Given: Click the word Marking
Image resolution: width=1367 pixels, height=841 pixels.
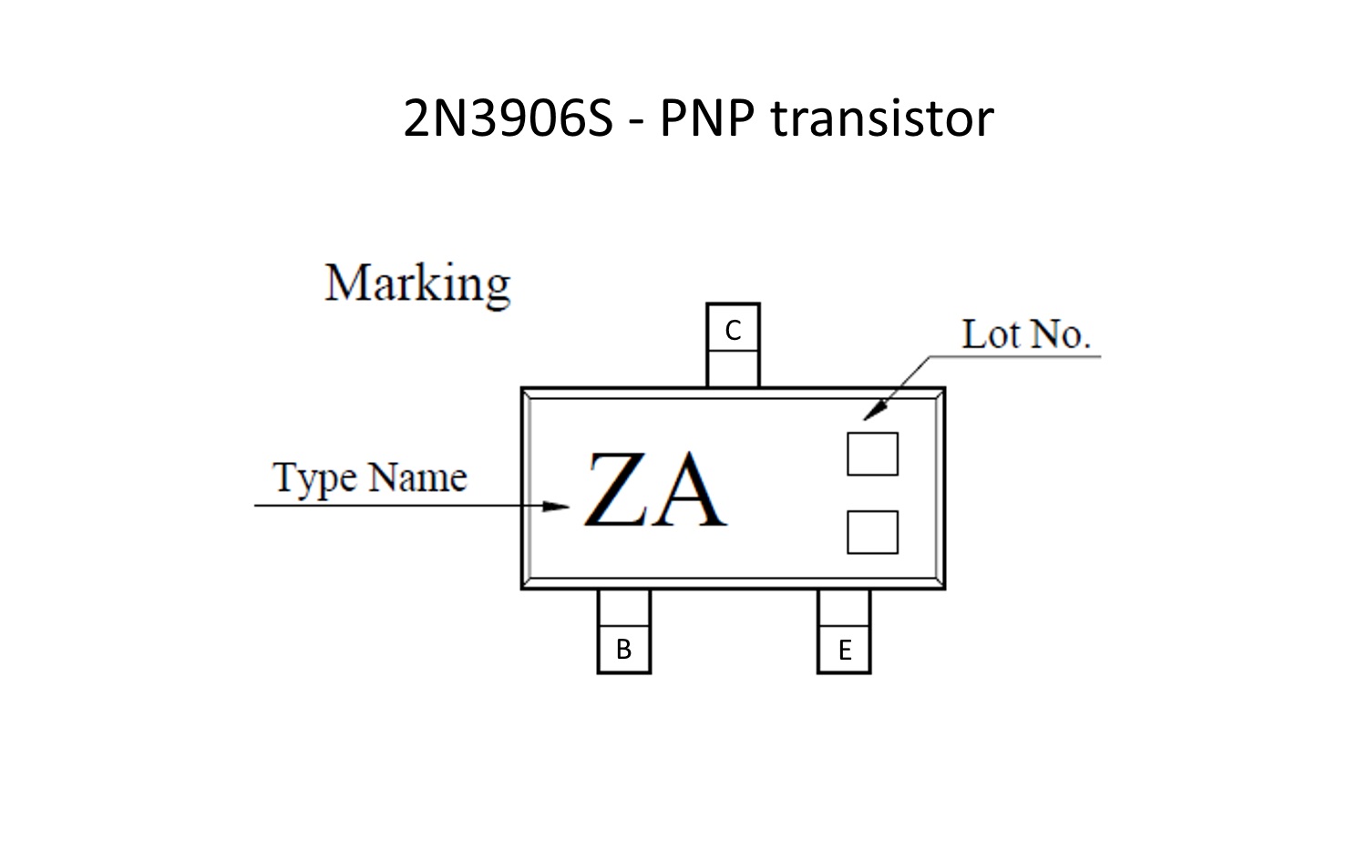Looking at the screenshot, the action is (417, 283).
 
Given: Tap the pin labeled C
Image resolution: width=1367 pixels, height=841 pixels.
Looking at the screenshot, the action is (733, 344).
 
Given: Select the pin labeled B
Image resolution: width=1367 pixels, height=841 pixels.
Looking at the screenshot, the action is (623, 631).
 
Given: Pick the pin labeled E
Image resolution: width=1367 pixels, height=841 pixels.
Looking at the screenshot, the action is (844, 631).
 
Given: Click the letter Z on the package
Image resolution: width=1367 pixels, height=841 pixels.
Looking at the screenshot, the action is (616, 488).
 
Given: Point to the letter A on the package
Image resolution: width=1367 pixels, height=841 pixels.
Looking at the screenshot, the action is (689, 488).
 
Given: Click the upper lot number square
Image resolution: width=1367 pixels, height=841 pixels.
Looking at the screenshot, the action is (873, 454).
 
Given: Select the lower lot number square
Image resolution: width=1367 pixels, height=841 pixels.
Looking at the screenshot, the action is (873, 532).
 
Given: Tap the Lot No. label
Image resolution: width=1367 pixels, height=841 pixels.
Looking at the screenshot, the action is (1026, 334).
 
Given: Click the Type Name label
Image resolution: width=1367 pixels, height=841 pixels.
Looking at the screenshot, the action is (370, 477).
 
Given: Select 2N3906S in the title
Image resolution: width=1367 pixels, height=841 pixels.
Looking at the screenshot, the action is (508, 118).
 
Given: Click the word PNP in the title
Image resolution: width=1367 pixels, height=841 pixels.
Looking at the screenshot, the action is (706, 118).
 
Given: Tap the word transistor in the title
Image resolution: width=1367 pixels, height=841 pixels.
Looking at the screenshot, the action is (882, 118).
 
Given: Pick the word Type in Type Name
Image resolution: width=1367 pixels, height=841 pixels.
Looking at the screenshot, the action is (315, 479).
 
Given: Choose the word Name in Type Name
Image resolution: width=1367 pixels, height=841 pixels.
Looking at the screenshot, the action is (418, 477).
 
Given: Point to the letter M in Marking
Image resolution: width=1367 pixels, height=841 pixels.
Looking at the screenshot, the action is (348, 282).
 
